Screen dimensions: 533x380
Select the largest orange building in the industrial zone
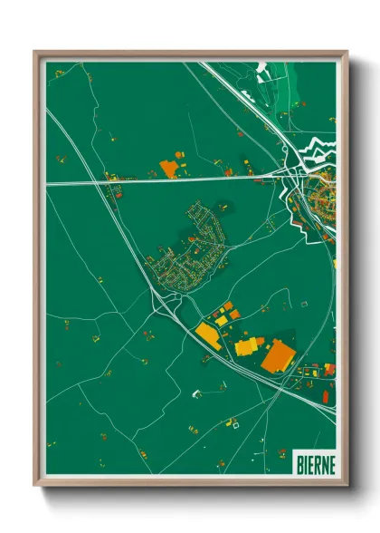click(x=277, y=354)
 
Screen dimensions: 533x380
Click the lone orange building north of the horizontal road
click(x=168, y=168)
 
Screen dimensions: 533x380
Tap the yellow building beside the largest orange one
click(x=247, y=346)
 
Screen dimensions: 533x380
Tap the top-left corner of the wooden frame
click(x=36, y=53)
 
